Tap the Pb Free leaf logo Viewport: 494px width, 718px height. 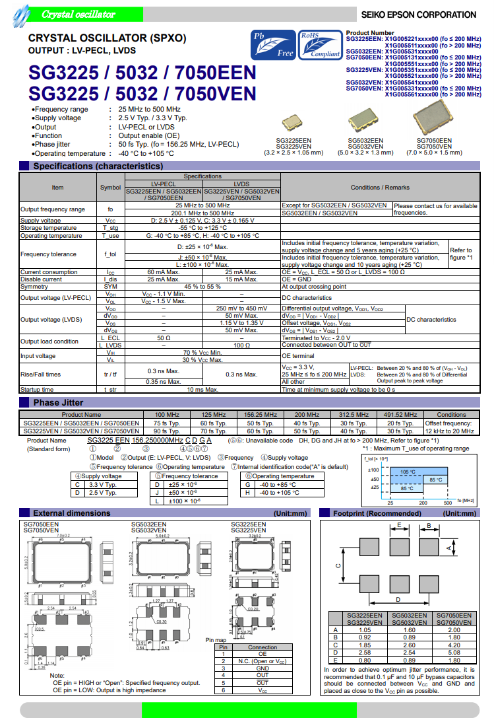(274, 45)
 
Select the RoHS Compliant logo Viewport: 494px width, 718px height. (320, 45)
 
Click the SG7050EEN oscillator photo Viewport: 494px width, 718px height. (433, 120)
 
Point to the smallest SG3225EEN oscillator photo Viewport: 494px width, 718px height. (292, 123)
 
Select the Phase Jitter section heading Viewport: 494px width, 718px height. (58, 402)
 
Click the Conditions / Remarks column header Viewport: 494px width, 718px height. (379, 188)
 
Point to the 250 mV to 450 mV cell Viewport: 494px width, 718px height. (241, 308)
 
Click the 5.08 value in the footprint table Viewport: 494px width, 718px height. (454, 652)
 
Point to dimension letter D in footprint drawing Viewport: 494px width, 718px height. (398, 599)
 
